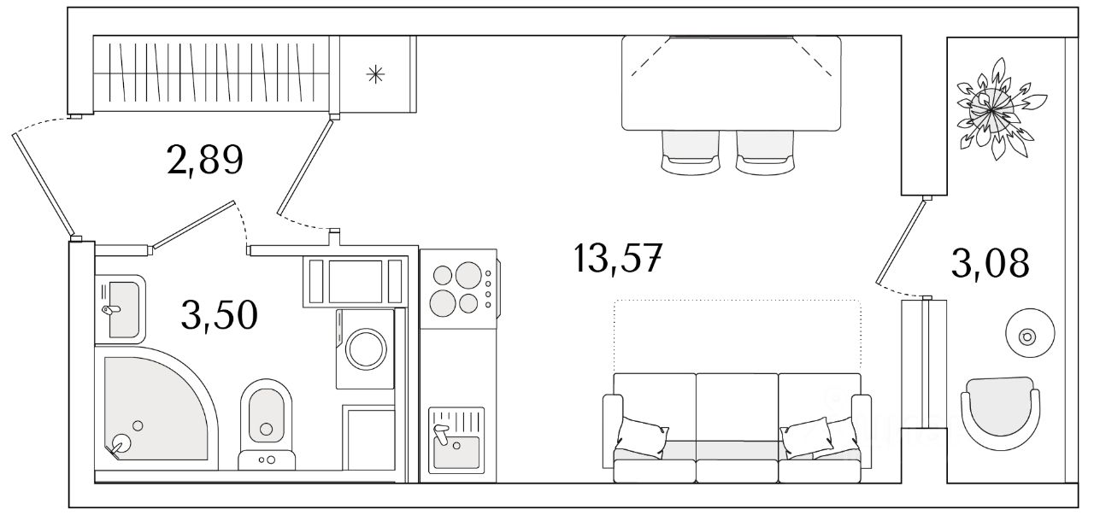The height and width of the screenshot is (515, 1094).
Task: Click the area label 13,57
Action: (x=618, y=259)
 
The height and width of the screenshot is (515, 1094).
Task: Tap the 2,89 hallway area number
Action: (x=204, y=160)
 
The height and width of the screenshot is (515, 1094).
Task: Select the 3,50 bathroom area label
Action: (x=220, y=315)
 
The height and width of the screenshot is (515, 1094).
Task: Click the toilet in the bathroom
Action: (x=266, y=424)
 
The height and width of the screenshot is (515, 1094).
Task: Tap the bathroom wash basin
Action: (x=121, y=308)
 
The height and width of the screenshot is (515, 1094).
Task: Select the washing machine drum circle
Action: (x=366, y=349)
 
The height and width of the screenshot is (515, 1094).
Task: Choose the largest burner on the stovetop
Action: (x=468, y=275)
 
